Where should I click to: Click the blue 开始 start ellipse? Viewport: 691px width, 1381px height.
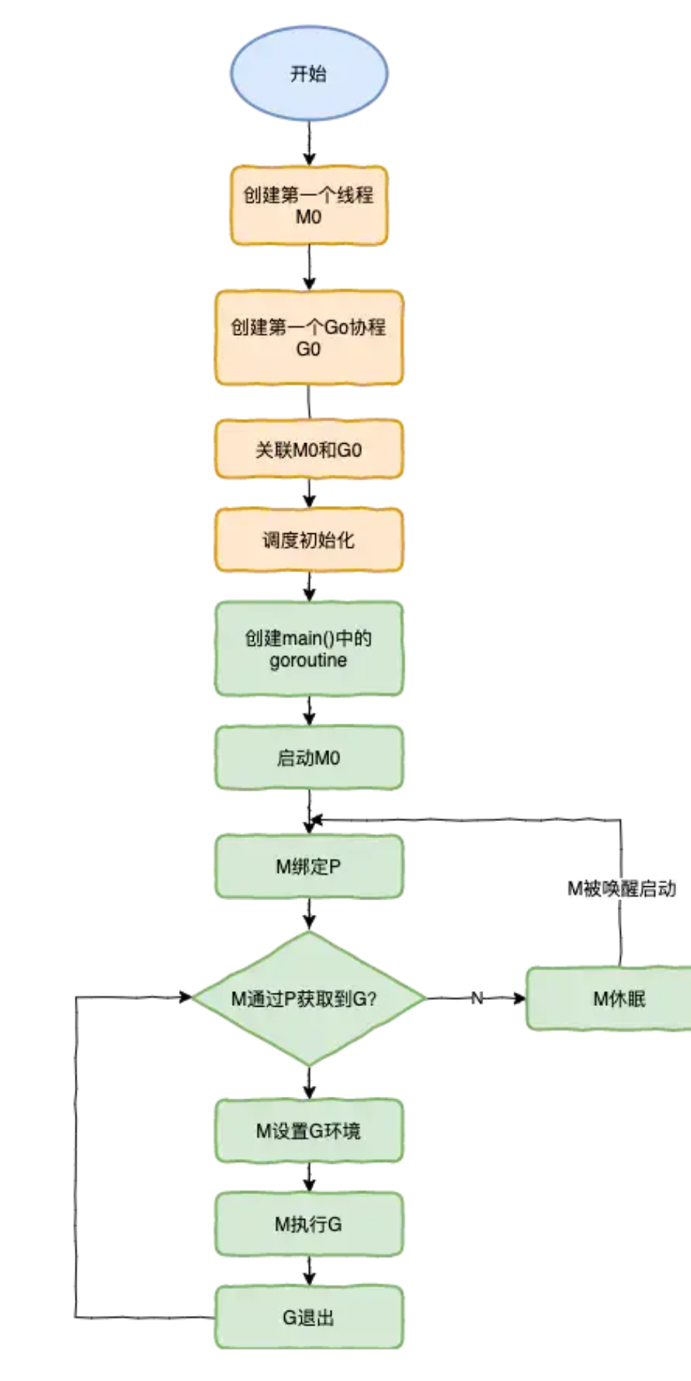309,73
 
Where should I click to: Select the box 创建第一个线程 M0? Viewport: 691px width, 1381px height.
309,206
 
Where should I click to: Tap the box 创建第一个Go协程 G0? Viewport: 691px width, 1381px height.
309,337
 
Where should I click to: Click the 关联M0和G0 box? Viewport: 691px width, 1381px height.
309,449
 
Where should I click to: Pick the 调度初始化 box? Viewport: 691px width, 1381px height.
309,540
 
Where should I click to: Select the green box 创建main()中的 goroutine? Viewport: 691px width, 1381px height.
309,649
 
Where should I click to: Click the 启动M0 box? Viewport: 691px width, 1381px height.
309,757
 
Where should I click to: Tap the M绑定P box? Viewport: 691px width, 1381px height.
309,866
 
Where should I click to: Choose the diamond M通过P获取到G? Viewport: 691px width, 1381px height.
309,999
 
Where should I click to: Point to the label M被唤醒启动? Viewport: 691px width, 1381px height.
621,888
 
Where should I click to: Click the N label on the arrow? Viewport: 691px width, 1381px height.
477,999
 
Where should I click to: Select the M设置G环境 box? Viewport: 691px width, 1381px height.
309,1130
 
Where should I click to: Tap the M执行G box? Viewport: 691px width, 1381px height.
309,1224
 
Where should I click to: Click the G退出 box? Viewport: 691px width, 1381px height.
309,1317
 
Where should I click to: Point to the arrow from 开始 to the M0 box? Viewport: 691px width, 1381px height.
309,143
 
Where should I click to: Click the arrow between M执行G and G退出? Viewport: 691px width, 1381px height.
309,1271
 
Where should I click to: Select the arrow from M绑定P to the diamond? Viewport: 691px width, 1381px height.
309,914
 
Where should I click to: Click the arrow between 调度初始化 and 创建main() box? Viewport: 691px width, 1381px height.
309,587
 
